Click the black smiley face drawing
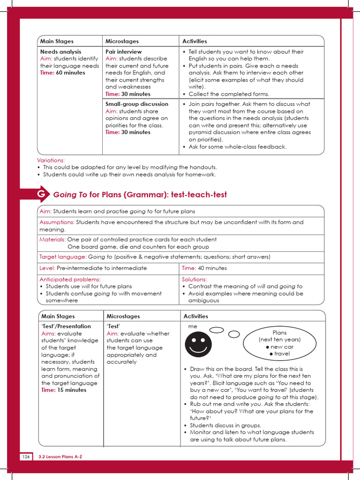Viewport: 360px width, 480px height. pyautogui.click(x=198, y=345)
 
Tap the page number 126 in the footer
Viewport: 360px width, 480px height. pyautogui.click(x=26, y=456)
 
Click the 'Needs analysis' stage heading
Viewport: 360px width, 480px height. pyautogui.click(x=60, y=52)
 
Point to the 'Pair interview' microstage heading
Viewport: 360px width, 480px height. pyautogui.click(x=123, y=52)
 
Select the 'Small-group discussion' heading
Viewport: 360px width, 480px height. pyautogui.click(x=136, y=104)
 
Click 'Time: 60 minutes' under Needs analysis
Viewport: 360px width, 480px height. pyautogui.click(x=62, y=73)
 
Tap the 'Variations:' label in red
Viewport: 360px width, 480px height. pyautogui.click(x=51, y=160)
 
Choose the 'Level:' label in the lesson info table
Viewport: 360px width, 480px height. pyautogui.click(x=47, y=268)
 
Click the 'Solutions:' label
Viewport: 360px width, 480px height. pyautogui.click(x=194, y=279)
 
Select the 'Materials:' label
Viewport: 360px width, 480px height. pyautogui.click(x=52, y=240)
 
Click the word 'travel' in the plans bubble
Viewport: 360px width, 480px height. pyautogui.click(x=282, y=354)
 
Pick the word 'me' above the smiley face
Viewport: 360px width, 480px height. pyautogui.click(x=193, y=326)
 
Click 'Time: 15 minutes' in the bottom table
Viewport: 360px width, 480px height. pyautogui.click(x=64, y=390)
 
